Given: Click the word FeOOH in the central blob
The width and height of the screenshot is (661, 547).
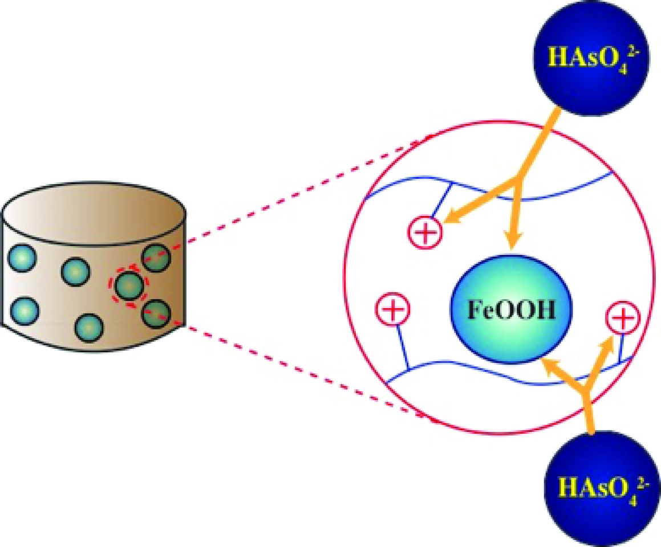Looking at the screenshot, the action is (511, 310).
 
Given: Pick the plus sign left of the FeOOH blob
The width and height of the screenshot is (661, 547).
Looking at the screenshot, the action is (392, 309).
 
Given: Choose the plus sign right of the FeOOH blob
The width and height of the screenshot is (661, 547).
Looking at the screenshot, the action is (623, 318).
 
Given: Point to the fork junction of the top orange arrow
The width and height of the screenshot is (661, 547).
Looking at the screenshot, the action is (514, 182).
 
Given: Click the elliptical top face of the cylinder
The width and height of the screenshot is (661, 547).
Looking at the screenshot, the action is (94, 214).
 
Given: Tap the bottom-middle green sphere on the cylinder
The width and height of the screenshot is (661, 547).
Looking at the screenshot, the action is (89, 328).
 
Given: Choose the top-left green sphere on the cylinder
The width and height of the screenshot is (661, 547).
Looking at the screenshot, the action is (22, 259).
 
